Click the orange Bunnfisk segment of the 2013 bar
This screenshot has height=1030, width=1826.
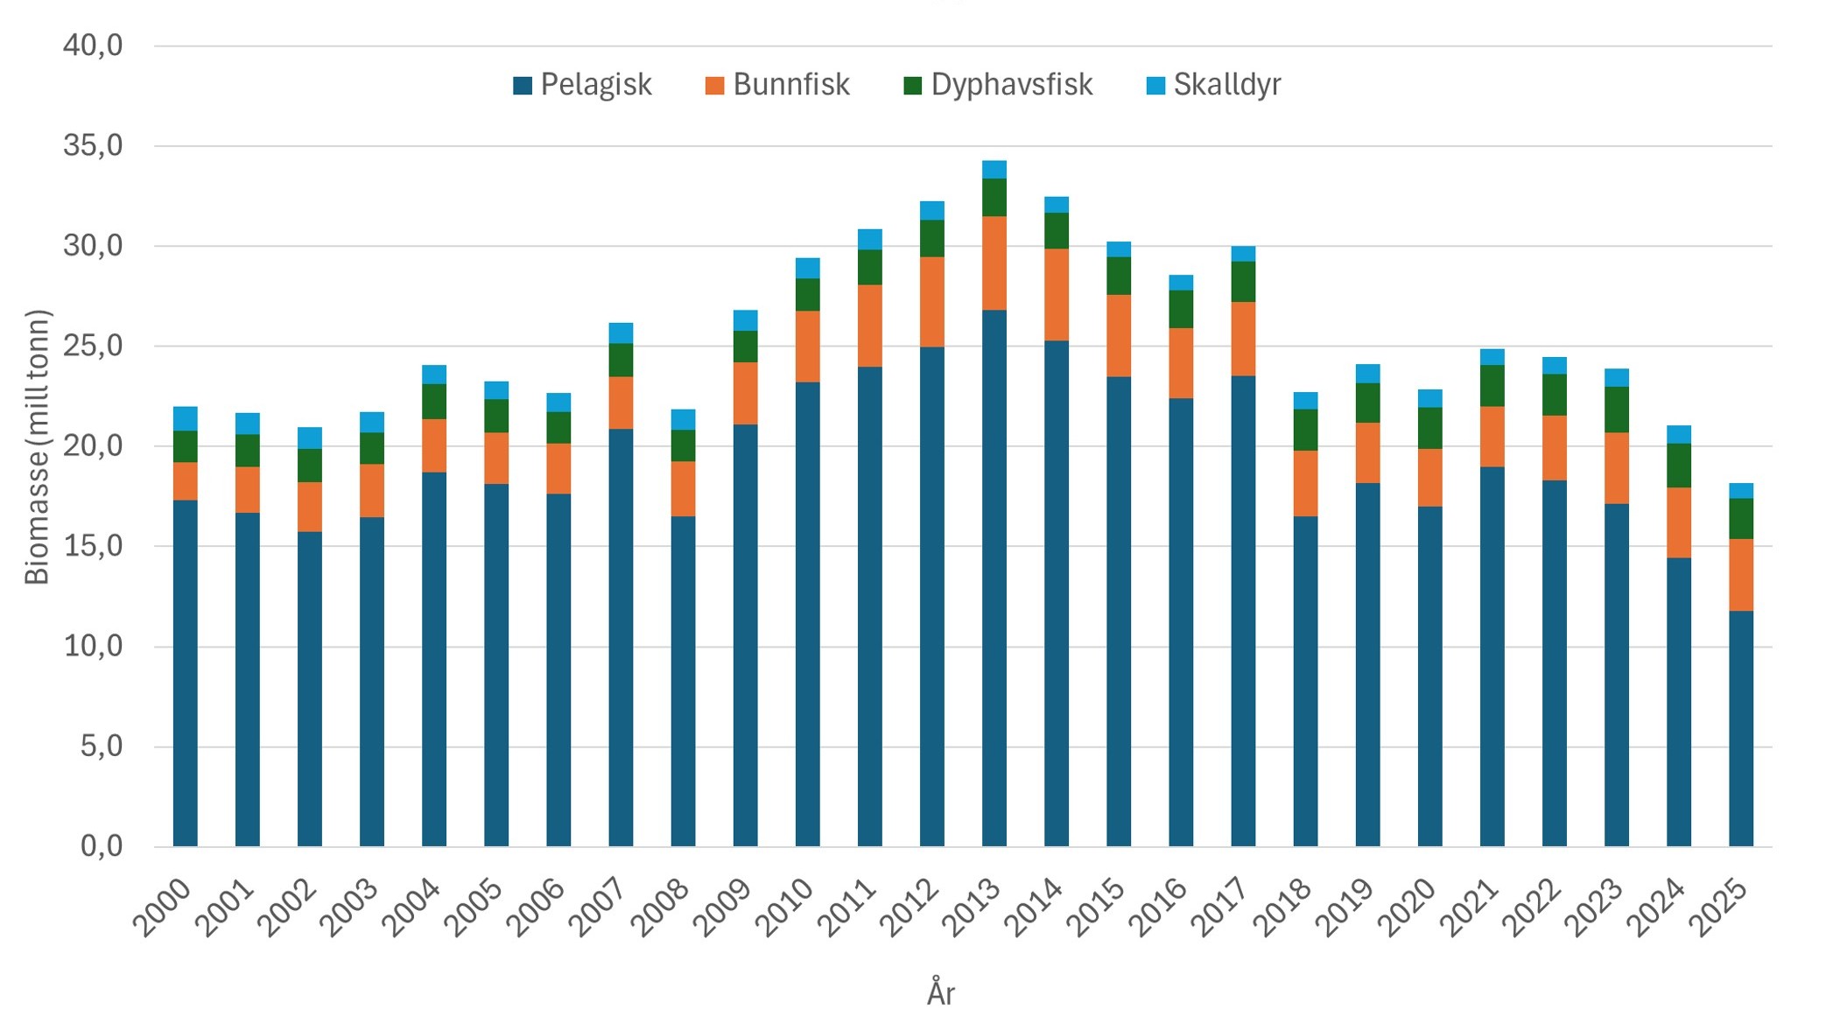click(x=994, y=263)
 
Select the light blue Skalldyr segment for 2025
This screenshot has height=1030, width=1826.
click(x=1740, y=490)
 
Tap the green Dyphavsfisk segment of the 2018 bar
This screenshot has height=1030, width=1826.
click(x=1305, y=430)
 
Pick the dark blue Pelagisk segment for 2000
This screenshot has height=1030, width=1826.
click(x=186, y=674)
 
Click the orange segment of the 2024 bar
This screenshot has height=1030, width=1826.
click(x=1678, y=522)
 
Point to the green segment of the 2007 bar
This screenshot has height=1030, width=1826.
click(x=621, y=360)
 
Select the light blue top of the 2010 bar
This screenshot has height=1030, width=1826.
click(x=807, y=268)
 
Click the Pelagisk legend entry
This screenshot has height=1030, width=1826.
click(x=583, y=85)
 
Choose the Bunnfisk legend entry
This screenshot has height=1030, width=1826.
click(x=777, y=85)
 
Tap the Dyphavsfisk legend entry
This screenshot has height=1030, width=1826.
click(x=998, y=85)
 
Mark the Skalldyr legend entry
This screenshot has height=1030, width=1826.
click(x=1213, y=85)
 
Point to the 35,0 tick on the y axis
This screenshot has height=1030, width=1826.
click(x=93, y=145)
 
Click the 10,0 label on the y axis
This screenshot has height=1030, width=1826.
click(x=93, y=647)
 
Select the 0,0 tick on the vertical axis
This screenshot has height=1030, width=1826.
click(x=102, y=846)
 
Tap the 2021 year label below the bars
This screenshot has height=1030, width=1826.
click(x=1472, y=908)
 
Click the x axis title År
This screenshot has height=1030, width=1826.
click(x=940, y=994)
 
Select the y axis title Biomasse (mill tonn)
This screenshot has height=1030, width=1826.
click(x=38, y=446)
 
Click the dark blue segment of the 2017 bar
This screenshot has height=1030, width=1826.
click(x=1243, y=613)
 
